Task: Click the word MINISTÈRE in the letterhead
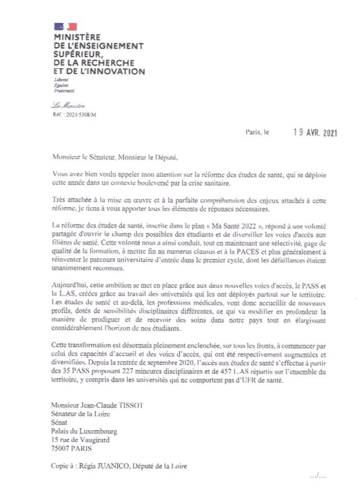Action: point(77,37)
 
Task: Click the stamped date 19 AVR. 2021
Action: point(315,133)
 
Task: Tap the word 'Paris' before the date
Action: point(253,133)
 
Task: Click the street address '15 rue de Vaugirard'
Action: point(80,440)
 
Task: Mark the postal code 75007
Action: point(61,448)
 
